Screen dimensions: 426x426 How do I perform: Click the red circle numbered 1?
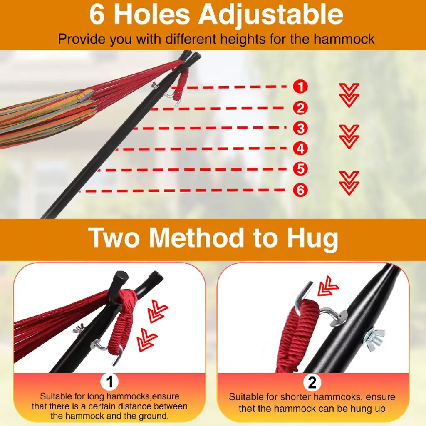tap(300, 87)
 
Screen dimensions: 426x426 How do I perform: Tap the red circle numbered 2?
tap(300, 108)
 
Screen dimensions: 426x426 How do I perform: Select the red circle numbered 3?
tap(300, 128)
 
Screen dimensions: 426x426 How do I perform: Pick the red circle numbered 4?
tap(300, 149)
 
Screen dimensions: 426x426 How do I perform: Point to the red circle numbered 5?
tap(300, 169)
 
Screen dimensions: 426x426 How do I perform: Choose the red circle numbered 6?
tap(300, 190)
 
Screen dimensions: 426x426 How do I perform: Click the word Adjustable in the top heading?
tap(270, 15)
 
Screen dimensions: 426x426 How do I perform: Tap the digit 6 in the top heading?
tap(97, 15)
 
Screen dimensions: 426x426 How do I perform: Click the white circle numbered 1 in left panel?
tap(109, 382)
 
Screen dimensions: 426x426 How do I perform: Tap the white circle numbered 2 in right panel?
tap(312, 382)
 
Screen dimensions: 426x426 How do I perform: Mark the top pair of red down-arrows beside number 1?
tap(349, 95)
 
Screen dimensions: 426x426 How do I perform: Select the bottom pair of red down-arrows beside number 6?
tap(349, 183)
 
